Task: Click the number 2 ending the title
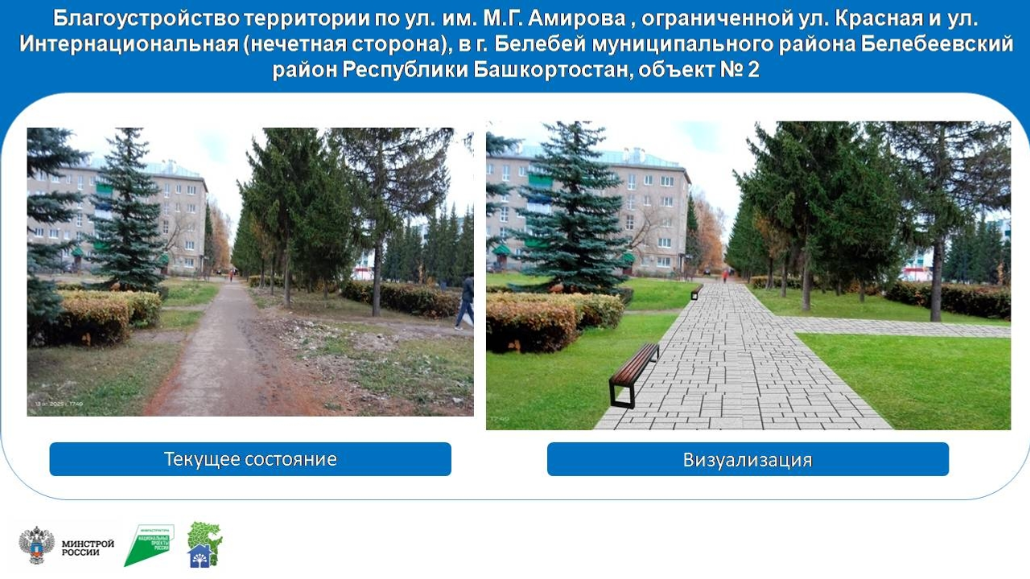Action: point(752,70)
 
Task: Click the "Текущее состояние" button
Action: point(250,459)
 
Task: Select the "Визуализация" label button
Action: point(748,460)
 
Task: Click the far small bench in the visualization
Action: point(697,291)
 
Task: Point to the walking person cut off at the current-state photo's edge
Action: point(466,301)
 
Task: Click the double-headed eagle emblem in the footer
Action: point(37,544)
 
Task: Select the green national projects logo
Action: point(149,544)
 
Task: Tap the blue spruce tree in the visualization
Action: point(574,217)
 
